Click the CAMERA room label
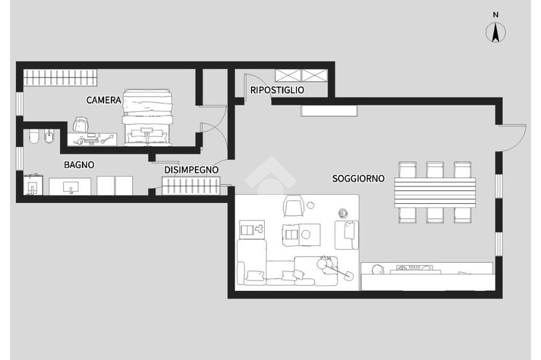point(104,100)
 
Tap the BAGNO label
point(79,165)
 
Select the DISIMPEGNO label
point(191,170)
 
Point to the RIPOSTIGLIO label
point(277,90)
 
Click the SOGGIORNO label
point(358,178)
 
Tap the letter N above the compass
point(496,15)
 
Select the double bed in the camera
point(147,118)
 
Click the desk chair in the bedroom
point(81,124)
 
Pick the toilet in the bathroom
point(34,137)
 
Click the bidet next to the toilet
point(49,137)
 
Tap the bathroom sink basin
point(70,187)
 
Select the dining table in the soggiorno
point(435,193)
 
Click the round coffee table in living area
point(306,235)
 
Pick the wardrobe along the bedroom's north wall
point(60,77)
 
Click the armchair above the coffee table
point(293,205)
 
